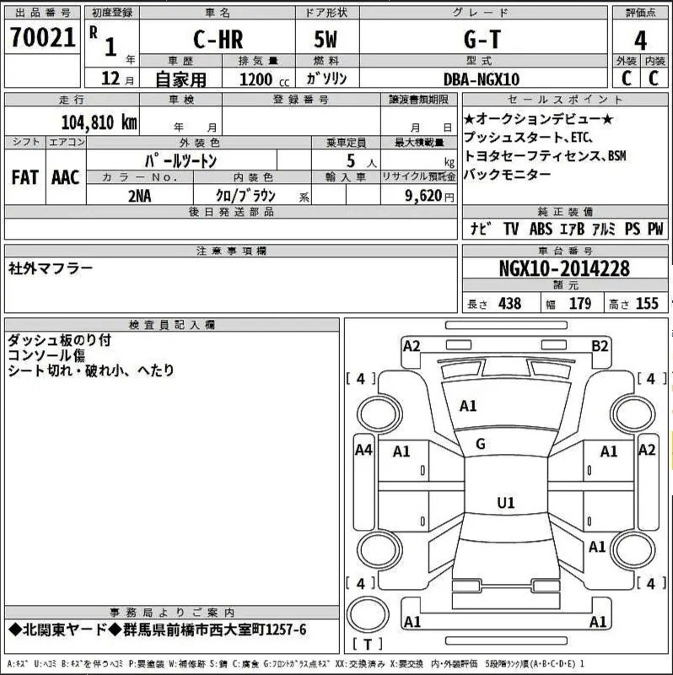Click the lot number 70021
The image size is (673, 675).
click(43, 37)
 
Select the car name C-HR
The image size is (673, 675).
click(218, 40)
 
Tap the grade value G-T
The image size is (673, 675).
click(482, 40)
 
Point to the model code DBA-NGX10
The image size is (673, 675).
click(482, 79)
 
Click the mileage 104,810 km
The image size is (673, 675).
click(100, 122)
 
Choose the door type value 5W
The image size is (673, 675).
click(326, 40)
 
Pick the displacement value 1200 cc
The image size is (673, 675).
click(264, 79)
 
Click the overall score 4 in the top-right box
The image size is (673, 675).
click(640, 41)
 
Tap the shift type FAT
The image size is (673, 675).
click(25, 177)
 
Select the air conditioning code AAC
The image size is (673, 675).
click(66, 177)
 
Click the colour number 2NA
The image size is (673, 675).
click(139, 197)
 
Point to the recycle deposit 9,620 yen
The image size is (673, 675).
click(429, 196)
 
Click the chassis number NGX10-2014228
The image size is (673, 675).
click(564, 268)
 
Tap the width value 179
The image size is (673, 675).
click(580, 304)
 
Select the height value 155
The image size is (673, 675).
click(647, 304)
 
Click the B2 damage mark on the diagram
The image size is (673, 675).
click(600, 346)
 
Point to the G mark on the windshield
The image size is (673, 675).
click(481, 444)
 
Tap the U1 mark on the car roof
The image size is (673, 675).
click(506, 503)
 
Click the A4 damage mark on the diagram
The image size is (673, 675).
click(363, 451)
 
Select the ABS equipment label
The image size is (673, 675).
click(541, 229)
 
